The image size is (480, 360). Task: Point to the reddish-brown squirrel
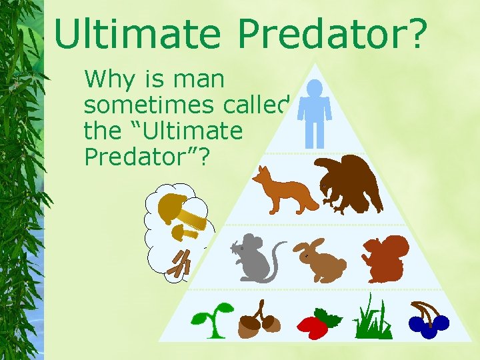click(385, 259)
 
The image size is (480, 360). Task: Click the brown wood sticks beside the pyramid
click(180, 263)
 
